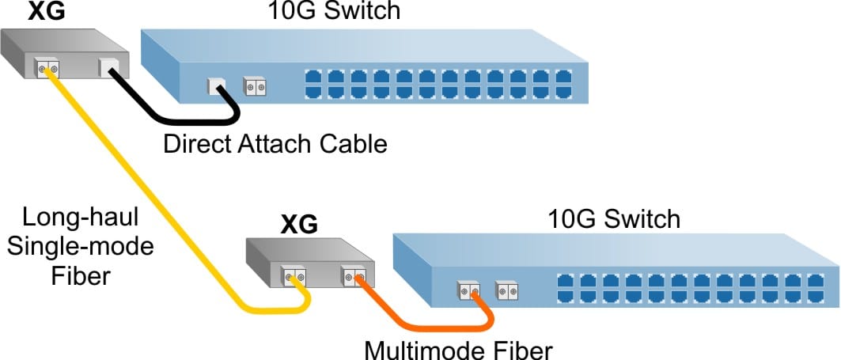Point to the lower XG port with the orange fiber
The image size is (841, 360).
[x=353, y=277]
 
